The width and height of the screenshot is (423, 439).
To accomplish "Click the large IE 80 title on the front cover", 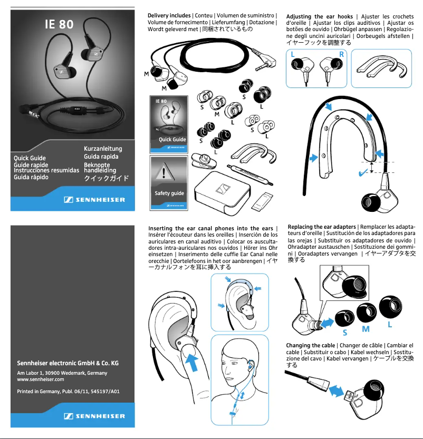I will click(x=59, y=24).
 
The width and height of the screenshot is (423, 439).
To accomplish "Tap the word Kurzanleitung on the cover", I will click(x=103, y=149).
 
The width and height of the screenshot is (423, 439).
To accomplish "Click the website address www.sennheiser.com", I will click(x=41, y=379).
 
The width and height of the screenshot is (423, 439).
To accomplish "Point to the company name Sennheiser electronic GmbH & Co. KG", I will click(x=68, y=363).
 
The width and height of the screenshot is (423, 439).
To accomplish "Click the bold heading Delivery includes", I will click(x=169, y=16).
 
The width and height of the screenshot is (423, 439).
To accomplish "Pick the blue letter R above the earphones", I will click(x=342, y=54).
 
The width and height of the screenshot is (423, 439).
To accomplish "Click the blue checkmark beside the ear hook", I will click(x=363, y=172).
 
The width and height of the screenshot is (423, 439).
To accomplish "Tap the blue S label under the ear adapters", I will click(x=344, y=333).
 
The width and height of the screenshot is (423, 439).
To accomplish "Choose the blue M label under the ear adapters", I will click(x=366, y=329).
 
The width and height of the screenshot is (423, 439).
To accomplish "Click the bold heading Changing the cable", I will click(x=310, y=345).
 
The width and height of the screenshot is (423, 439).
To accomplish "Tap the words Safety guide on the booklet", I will click(x=169, y=193).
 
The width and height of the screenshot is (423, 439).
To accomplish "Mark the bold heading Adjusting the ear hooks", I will click(x=319, y=16).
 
